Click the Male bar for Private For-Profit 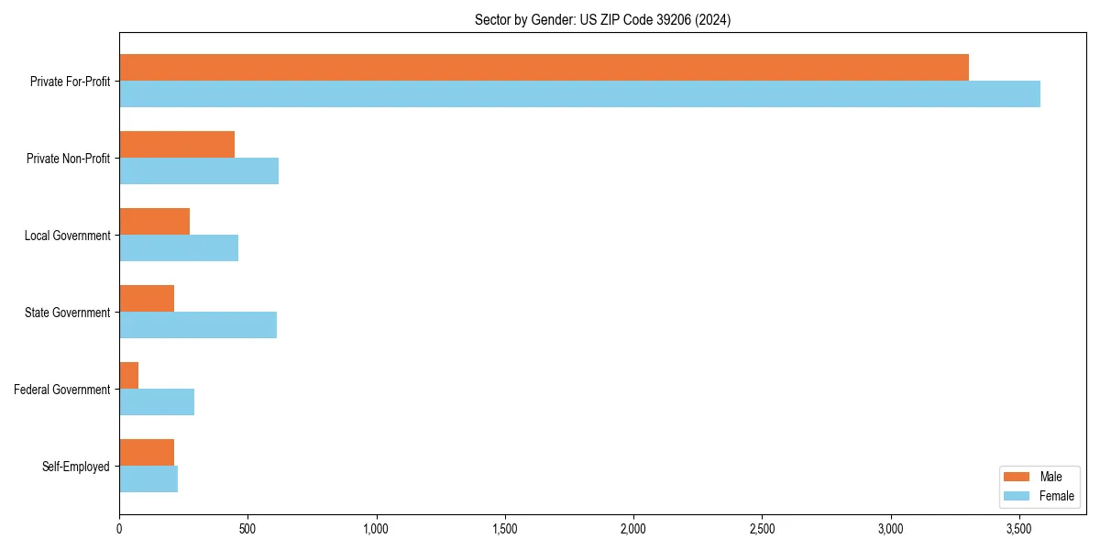[544, 67]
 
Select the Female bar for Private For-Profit [579, 93]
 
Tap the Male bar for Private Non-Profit [177, 144]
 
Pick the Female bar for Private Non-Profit [199, 170]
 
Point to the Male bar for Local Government [154, 221]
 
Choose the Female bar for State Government [198, 324]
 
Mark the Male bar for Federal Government [128, 375]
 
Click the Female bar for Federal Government [157, 401]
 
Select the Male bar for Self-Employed [147, 452]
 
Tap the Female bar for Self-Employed [148, 478]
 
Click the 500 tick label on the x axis [247, 529]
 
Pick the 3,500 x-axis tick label [1019, 529]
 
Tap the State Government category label [67, 313]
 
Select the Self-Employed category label [75, 467]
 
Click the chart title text [602, 19]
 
